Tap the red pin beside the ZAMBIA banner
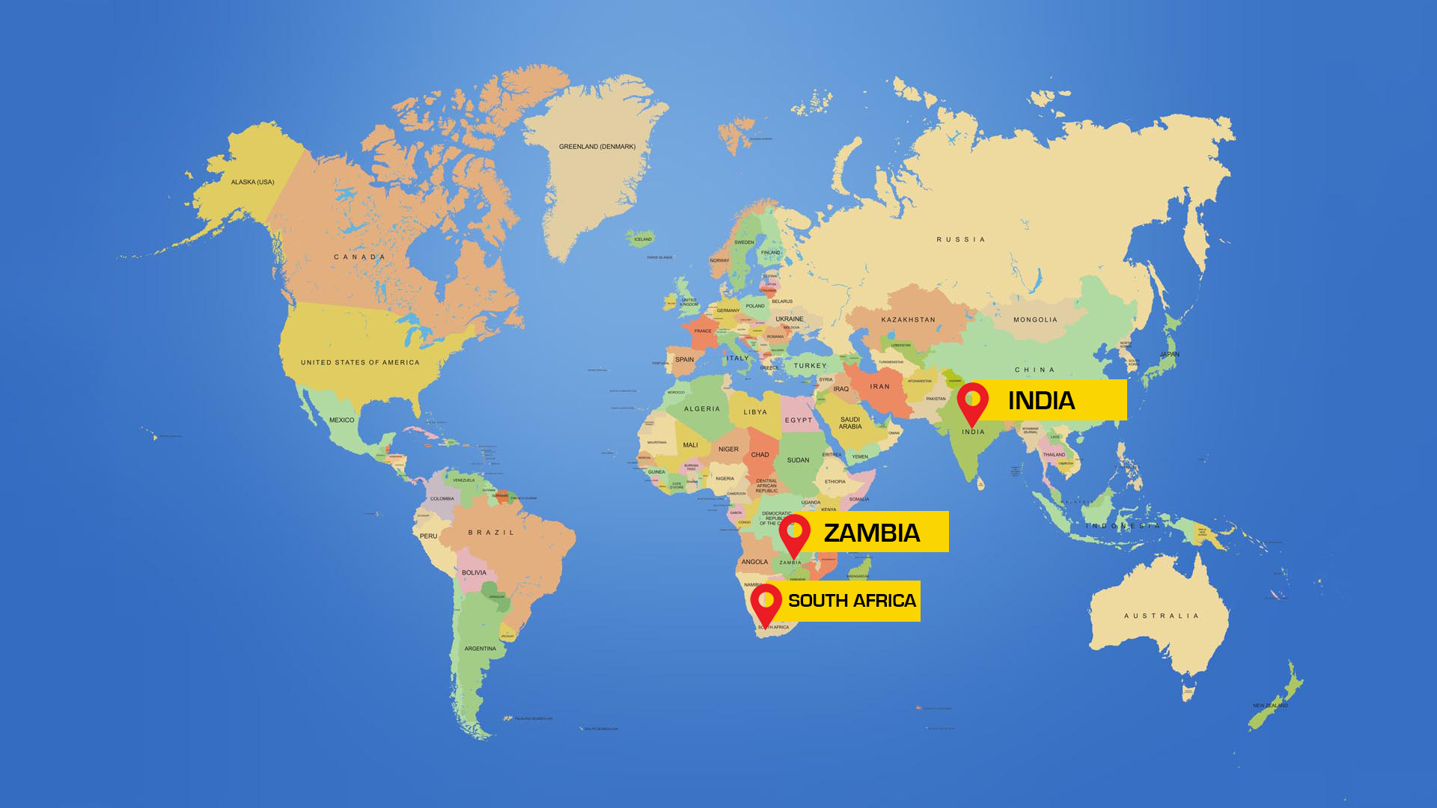click(x=794, y=532)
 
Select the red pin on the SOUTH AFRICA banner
click(x=766, y=601)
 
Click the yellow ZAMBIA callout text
click(x=872, y=533)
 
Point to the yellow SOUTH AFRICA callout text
click(x=852, y=601)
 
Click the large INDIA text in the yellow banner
click(x=1041, y=401)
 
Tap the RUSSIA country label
click(x=961, y=239)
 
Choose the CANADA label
click(x=359, y=257)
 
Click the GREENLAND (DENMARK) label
click(x=597, y=147)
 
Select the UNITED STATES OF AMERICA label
click(x=360, y=362)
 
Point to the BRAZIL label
click(x=492, y=533)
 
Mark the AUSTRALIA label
click(x=1162, y=616)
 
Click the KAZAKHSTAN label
click(x=908, y=319)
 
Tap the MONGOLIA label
click(x=1035, y=319)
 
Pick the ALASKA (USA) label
click(x=252, y=182)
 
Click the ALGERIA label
click(x=702, y=408)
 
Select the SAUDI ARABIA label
click(x=850, y=423)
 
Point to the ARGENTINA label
click(x=480, y=649)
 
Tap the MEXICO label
click(x=341, y=420)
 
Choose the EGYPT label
click(x=799, y=420)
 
